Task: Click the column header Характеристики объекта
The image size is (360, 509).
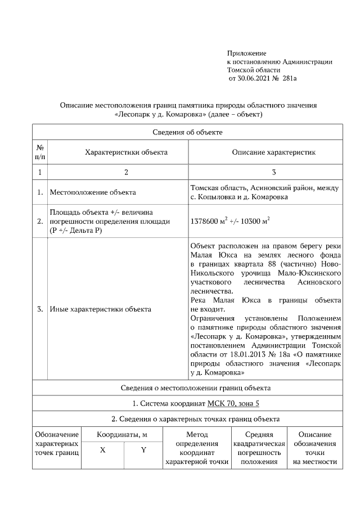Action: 126,152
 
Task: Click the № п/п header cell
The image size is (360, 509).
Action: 40,152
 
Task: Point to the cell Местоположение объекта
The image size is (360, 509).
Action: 93,192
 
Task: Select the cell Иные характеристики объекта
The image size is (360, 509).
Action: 100,309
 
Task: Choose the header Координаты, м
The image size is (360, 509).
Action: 122,435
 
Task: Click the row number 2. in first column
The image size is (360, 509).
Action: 40,220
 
